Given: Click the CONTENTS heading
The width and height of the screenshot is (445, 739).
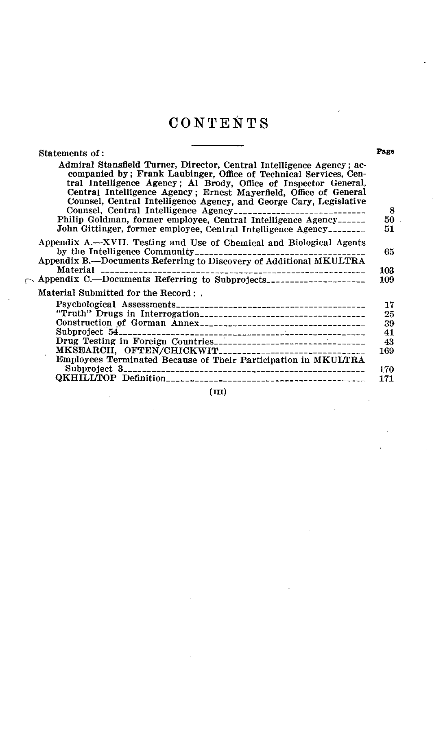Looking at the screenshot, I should coord(218,123).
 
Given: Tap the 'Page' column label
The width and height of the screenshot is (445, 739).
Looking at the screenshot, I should coord(385,152).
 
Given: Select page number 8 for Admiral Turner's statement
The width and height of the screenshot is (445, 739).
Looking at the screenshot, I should coord(392,211).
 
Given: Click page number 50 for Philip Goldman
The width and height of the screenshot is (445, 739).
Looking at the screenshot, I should coord(389,220).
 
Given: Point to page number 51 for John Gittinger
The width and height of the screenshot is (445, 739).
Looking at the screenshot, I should coord(389,229).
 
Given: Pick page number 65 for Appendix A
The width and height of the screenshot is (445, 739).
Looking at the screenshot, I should coord(389,252).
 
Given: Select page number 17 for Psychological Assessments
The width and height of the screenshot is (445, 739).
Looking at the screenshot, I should coord(389,305).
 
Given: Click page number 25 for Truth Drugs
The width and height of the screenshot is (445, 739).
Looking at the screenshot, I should coord(389,314).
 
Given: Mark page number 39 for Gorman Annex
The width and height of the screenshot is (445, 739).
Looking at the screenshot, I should coord(389,323).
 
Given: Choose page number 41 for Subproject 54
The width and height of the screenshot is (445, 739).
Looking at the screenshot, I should coord(389,332).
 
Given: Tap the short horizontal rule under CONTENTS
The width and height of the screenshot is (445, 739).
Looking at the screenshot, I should coord(217,145).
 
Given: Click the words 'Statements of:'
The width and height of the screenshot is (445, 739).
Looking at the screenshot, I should coord(72,153).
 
